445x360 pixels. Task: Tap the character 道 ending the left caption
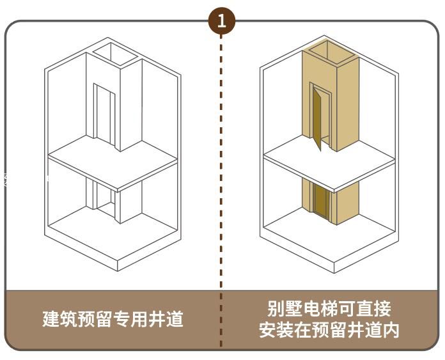[x=174, y=318]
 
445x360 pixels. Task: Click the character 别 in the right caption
[x=276, y=309]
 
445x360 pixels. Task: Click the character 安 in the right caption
[x=267, y=330]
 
